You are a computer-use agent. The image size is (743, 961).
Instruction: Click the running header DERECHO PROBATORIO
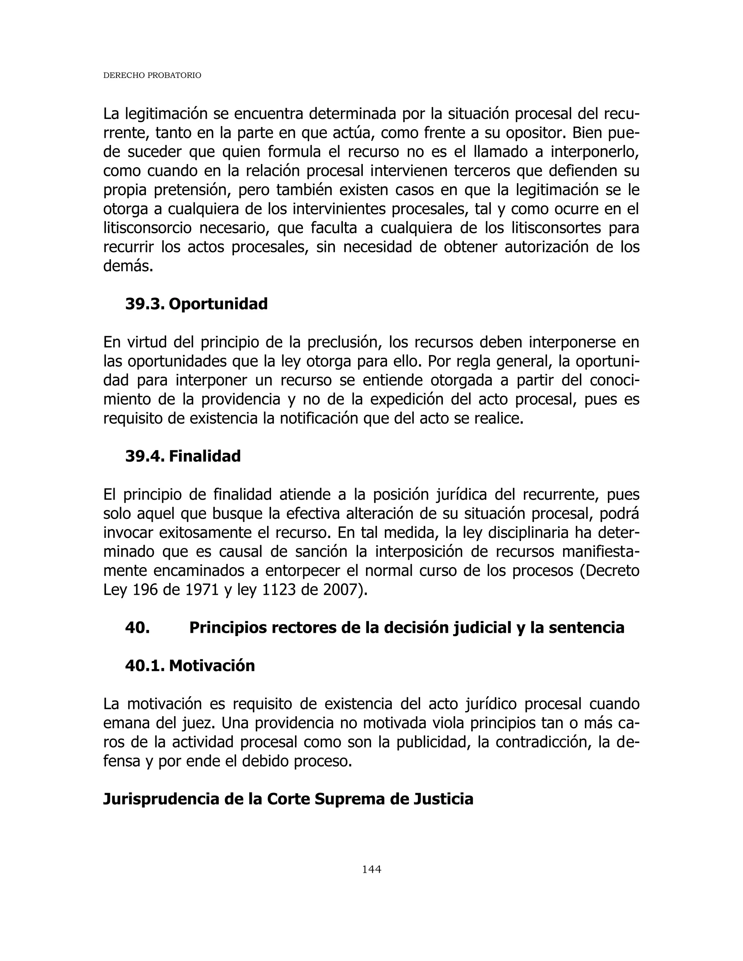tap(152, 76)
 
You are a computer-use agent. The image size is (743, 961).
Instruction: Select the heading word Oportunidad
tap(218, 304)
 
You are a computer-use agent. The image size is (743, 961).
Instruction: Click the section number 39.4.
tap(144, 456)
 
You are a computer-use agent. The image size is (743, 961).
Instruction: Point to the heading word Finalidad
tap(205, 456)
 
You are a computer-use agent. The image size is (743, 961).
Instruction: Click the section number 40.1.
tap(144, 666)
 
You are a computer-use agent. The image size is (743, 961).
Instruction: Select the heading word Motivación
tap(212, 666)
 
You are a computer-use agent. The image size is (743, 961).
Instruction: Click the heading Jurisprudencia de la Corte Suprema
tap(288, 799)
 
